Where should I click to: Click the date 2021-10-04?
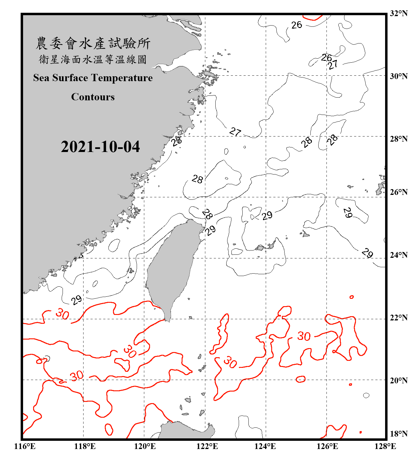(100, 147)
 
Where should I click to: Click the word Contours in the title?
(93, 97)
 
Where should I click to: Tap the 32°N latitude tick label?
(398, 13)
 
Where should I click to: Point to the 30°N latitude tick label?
(398, 76)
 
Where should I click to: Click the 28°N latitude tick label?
(398, 139)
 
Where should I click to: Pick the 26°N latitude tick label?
(398, 192)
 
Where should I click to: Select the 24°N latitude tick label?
(398, 255)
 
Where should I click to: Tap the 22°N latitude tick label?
(398, 318)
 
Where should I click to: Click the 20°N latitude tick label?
(398, 380)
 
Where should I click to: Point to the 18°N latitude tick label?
(398, 434)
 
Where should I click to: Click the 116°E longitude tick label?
(25, 446)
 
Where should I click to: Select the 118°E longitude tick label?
(85, 446)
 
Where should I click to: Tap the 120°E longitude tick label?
(145, 446)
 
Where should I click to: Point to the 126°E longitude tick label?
(327, 446)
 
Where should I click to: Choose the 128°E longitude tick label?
(385, 446)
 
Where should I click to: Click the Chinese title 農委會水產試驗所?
(93, 43)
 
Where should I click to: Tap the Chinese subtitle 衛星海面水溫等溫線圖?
(93, 59)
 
